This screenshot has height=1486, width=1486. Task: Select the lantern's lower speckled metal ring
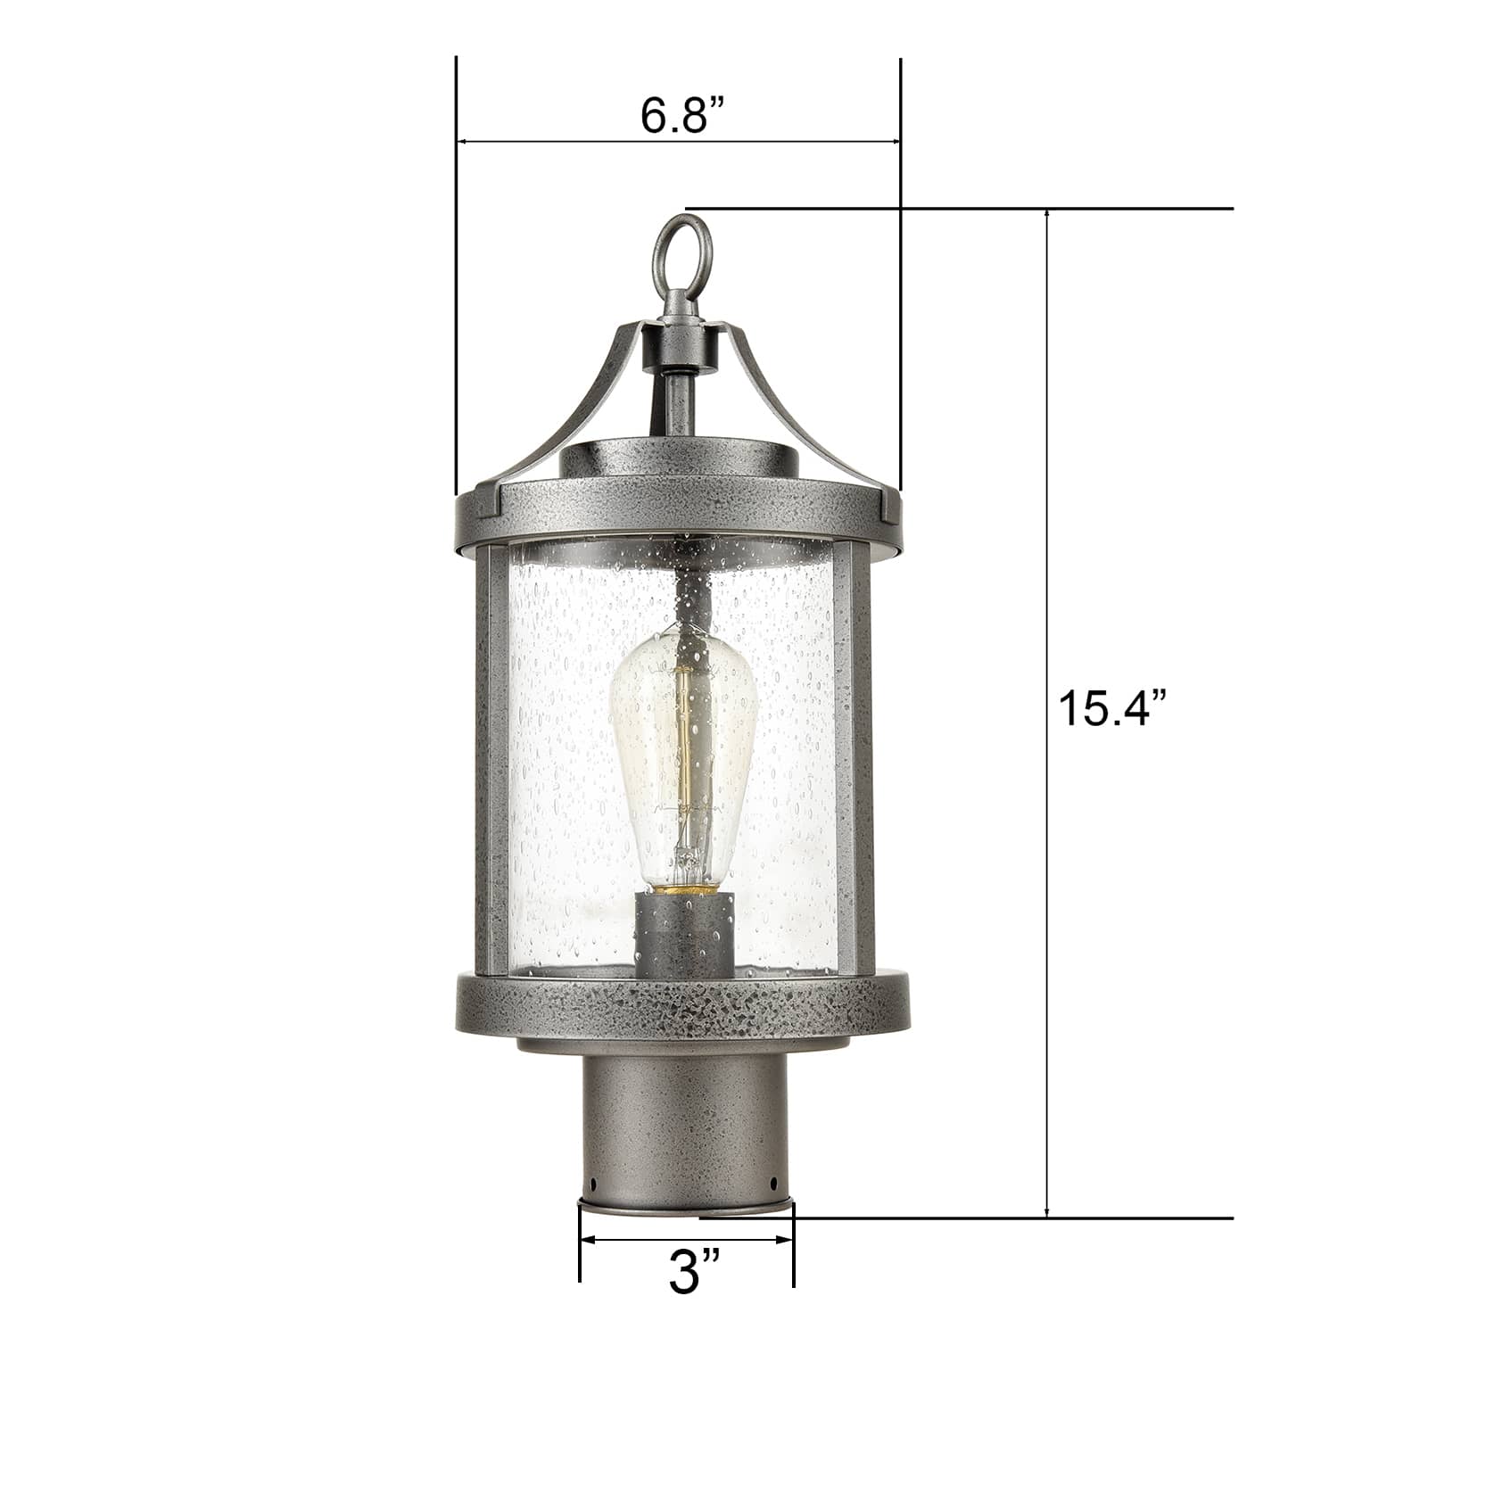[x=682, y=1011]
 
